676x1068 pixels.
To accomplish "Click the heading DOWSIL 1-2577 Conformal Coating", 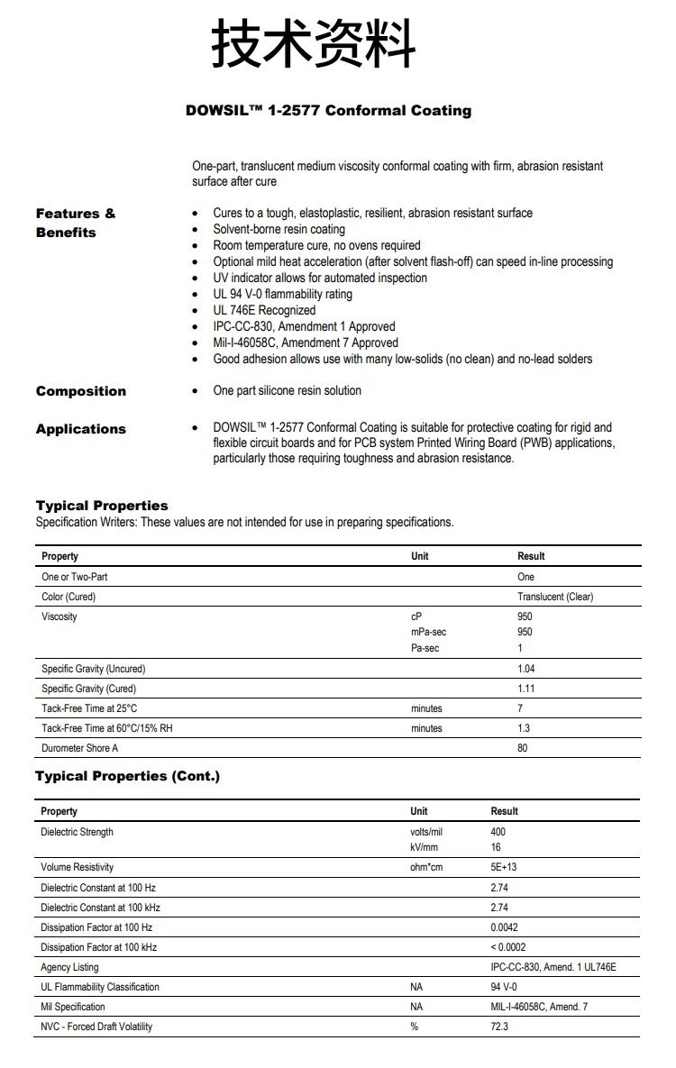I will (328, 111).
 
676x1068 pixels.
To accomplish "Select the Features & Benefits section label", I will (76, 223).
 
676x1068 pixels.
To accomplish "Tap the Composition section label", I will (81, 391).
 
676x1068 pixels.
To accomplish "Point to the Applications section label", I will (81, 429).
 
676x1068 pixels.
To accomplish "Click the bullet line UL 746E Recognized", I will (264, 310).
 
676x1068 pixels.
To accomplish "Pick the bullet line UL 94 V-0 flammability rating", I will (282, 294).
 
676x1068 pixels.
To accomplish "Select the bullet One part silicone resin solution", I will (287, 390).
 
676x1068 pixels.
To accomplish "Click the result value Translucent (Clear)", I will (555, 597).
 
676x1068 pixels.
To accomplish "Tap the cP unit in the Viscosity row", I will (416, 616).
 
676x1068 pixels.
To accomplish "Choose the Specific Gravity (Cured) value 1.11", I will (525, 689).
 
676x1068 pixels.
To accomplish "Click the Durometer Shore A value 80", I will (523, 748).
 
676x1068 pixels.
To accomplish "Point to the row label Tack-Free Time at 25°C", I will (89, 708).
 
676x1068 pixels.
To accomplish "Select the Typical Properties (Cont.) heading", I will (127, 776).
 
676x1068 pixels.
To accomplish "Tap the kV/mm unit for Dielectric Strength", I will (424, 848).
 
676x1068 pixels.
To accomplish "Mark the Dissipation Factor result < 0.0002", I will (508, 947).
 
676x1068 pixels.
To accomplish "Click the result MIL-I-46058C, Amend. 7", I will (539, 1007).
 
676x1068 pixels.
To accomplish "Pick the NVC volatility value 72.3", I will (499, 1027).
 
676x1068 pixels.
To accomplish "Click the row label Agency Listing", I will (69, 967).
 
